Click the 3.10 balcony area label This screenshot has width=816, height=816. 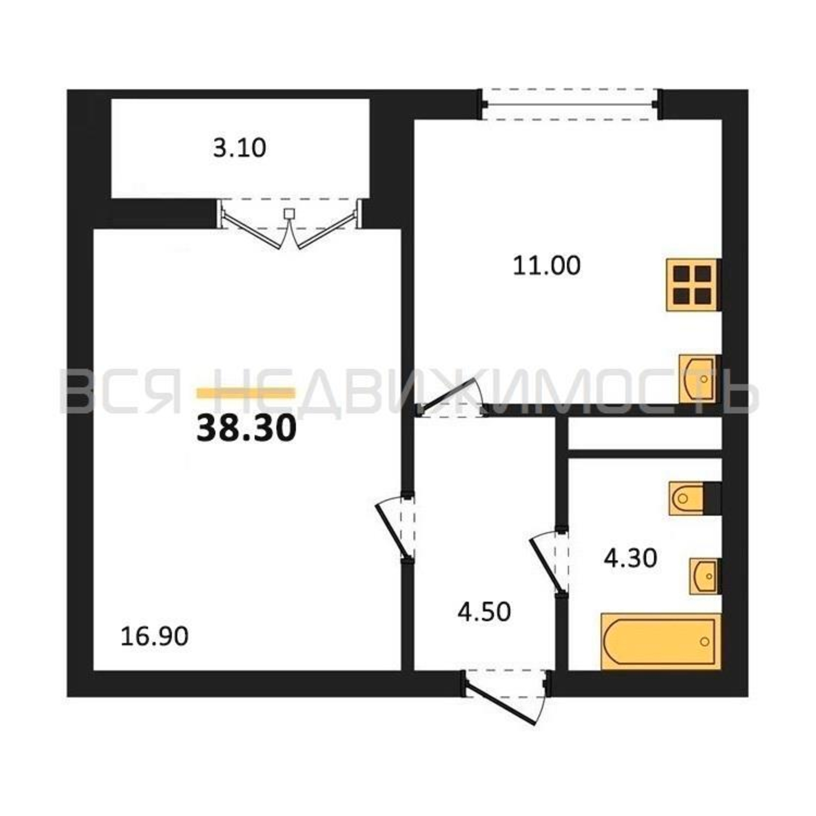click(x=239, y=148)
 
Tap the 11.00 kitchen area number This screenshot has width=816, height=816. click(x=547, y=266)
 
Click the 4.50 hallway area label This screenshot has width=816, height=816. click(x=484, y=612)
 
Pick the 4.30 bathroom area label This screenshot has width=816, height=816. click(x=630, y=558)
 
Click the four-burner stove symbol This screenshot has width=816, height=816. click(x=693, y=285)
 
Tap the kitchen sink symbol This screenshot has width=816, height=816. click(x=698, y=378)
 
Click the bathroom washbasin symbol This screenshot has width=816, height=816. click(x=704, y=576)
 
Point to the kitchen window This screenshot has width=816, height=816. click(x=570, y=104)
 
